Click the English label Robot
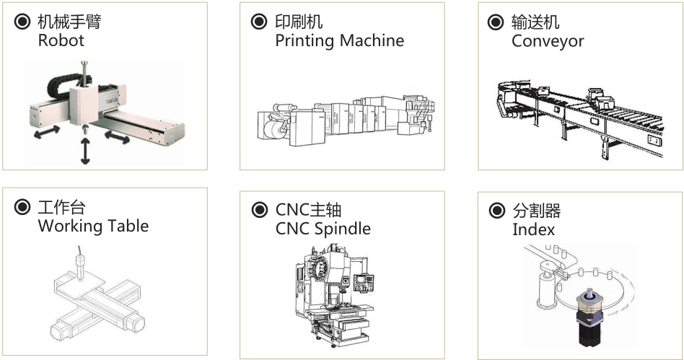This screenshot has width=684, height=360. (61, 40)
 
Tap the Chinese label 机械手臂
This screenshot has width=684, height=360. (69, 22)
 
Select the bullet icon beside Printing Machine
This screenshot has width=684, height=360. (258, 22)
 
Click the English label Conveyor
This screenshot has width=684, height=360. (548, 40)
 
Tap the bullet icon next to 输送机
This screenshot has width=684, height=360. (496, 22)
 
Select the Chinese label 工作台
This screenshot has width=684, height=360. (61, 208)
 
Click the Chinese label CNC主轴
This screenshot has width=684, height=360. (308, 211)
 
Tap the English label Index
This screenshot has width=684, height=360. (533, 229)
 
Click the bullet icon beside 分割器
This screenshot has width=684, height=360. (496, 211)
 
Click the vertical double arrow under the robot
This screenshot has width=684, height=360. (85, 150)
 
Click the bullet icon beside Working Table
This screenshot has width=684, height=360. (22, 208)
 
